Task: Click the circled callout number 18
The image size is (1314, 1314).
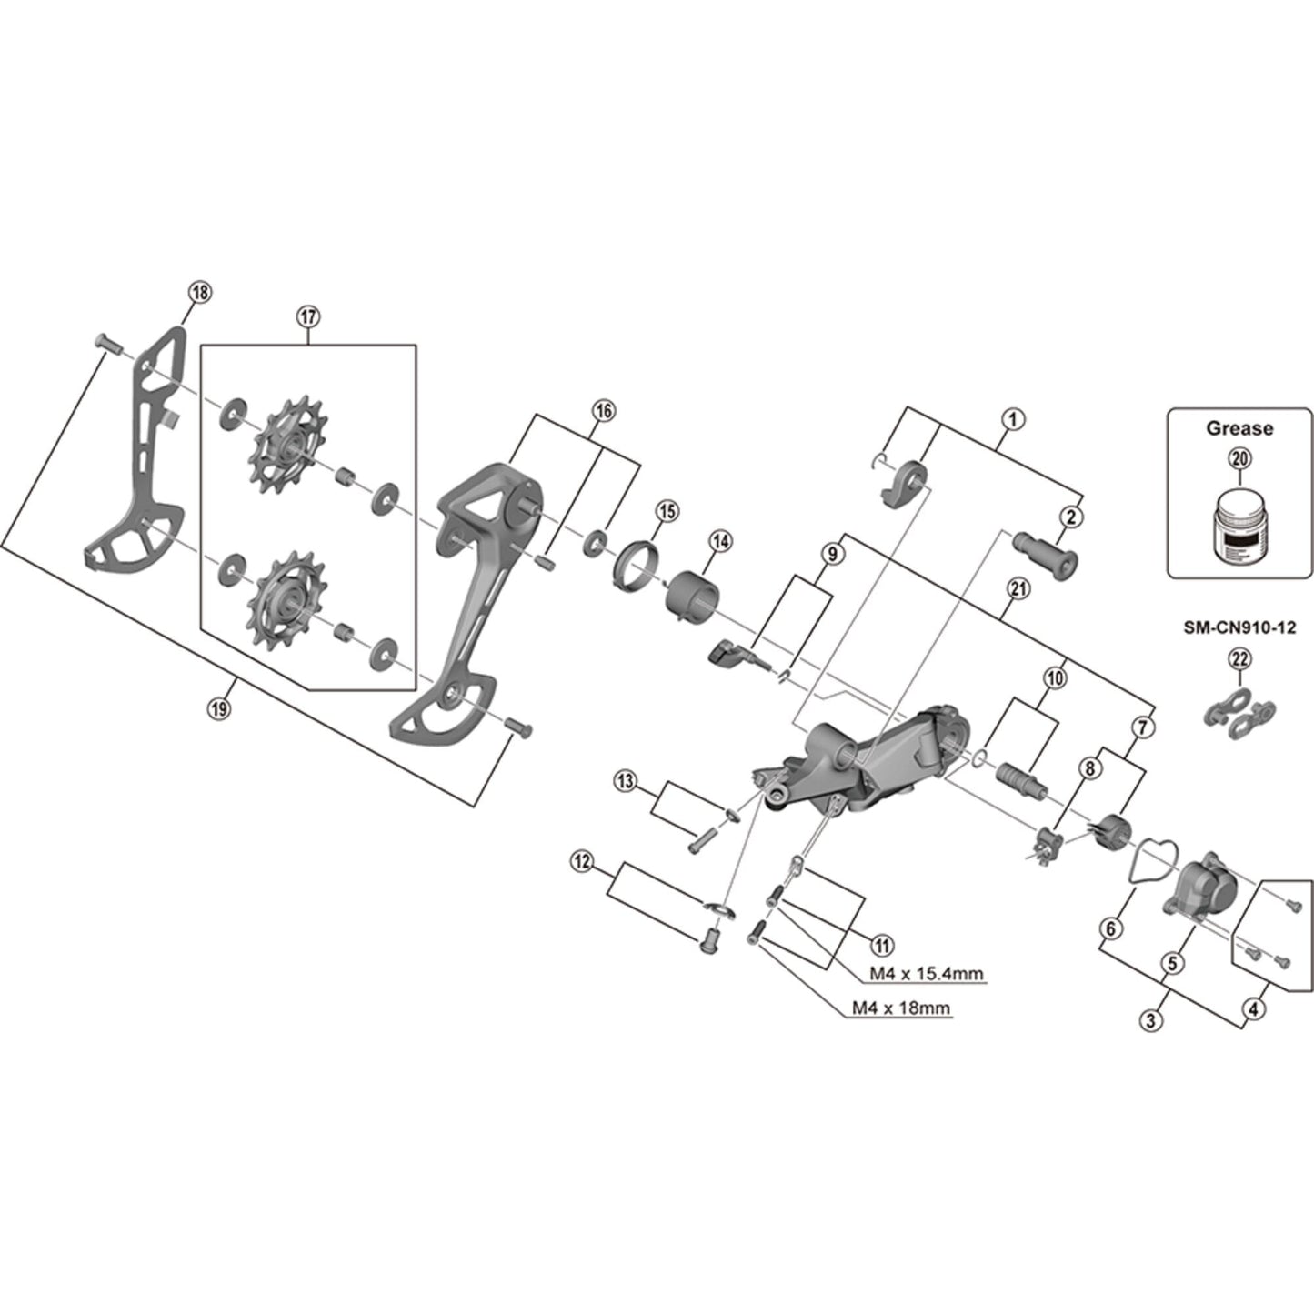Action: point(199,292)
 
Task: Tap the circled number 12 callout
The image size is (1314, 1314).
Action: point(581,859)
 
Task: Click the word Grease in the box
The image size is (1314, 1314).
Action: point(1239,428)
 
